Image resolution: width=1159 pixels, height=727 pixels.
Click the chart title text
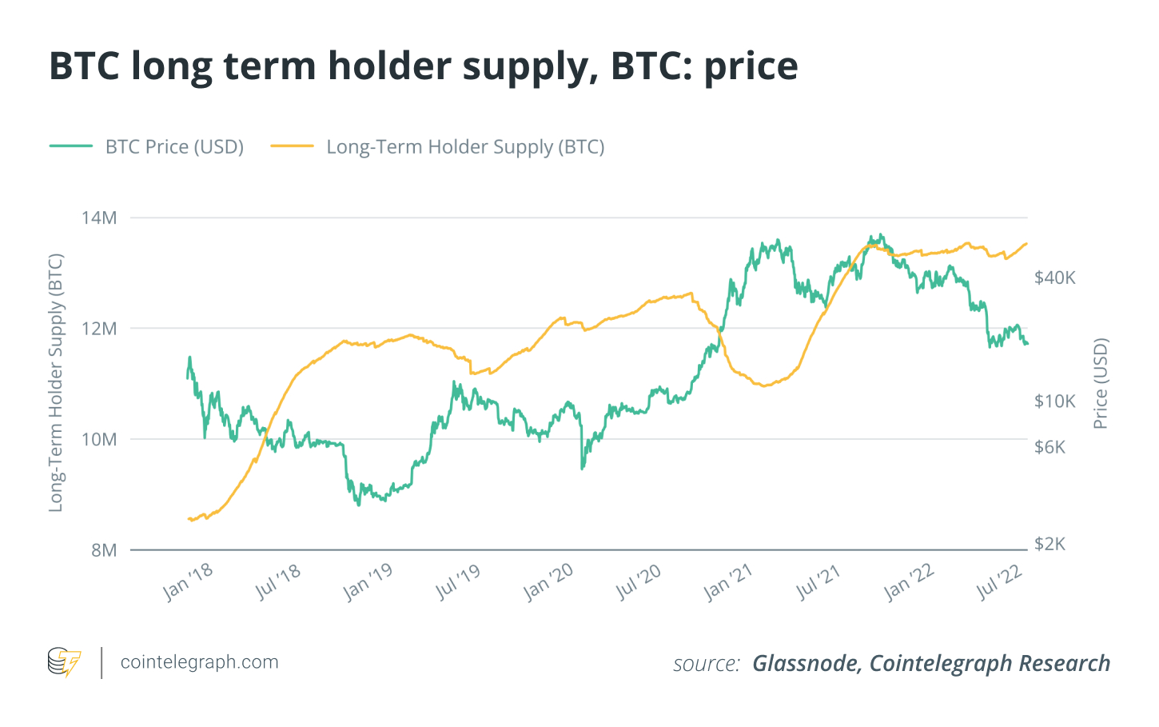click(424, 66)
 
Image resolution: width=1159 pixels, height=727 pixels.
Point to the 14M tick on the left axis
click(99, 218)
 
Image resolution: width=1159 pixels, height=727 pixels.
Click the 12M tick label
click(99, 329)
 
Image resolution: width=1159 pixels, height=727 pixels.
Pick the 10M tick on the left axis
click(99, 439)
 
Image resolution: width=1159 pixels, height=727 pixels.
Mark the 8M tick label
click(104, 550)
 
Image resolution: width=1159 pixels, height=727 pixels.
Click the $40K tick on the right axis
click(1055, 278)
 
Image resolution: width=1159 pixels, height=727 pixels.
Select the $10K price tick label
click(1055, 401)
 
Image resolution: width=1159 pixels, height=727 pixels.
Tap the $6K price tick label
click(1050, 446)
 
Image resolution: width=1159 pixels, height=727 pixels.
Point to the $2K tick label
click(1050, 544)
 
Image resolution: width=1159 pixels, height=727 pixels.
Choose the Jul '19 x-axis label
click(458, 581)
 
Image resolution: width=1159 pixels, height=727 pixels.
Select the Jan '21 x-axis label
click(728, 581)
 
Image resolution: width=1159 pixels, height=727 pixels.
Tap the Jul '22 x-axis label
click(1000, 581)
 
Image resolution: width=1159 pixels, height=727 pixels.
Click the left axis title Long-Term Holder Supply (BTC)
click(55, 383)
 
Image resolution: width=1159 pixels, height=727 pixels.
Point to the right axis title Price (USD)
click(1101, 383)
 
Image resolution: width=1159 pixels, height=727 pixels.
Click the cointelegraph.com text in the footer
click(199, 662)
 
